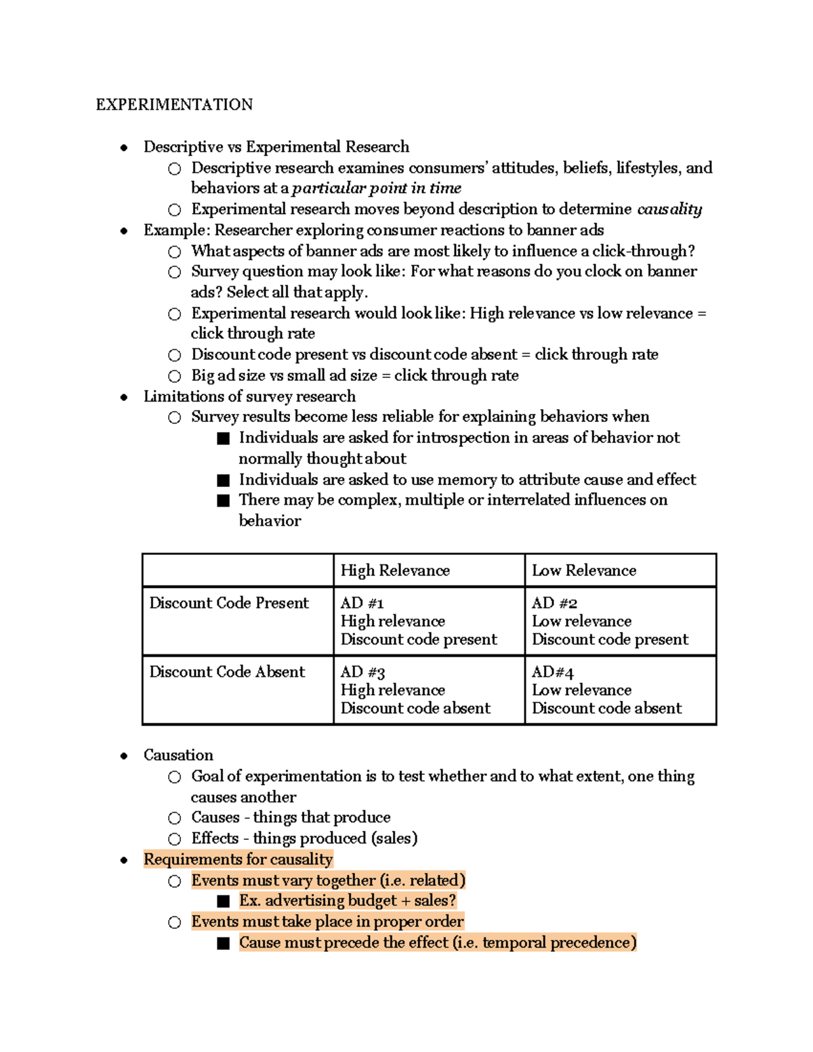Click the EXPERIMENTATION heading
tap(174, 104)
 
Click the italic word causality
tap(669, 209)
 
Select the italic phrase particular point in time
tap(377, 188)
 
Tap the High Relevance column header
tap(395, 570)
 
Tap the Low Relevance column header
tap(584, 570)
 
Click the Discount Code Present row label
tap(229, 603)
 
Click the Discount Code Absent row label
tap(227, 672)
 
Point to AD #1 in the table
tap(362, 603)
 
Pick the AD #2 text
tap(554, 603)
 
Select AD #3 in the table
tap(362, 672)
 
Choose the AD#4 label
tap(552, 672)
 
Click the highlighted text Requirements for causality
tap(238, 860)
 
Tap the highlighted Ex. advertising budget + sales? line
tap(348, 901)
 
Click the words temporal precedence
tap(559, 943)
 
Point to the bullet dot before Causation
tap(124, 756)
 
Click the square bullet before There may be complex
tap(224, 501)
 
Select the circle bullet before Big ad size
tap(175, 376)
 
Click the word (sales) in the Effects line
tap(394, 839)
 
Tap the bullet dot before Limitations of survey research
tap(124, 397)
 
